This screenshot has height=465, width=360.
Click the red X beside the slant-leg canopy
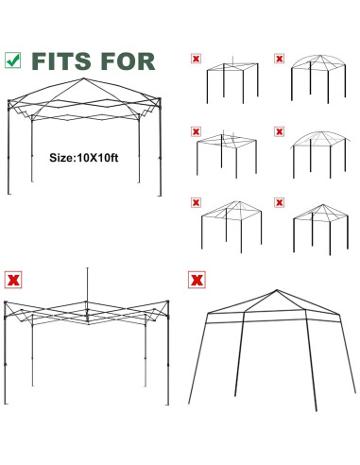click(196, 281)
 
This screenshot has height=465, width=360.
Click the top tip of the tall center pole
click(88, 268)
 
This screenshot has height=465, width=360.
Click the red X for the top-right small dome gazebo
click(279, 59)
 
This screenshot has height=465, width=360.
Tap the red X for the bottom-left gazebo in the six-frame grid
click(196, 201)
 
